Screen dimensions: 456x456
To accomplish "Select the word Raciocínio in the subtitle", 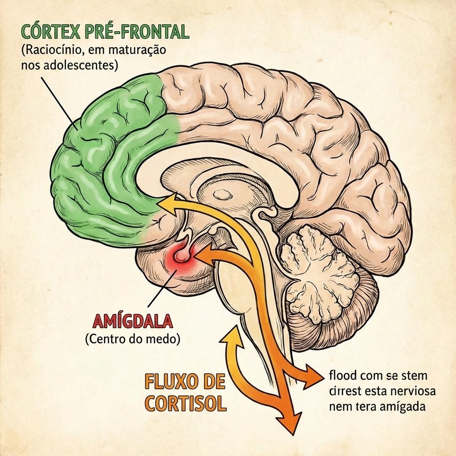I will pos(49,50).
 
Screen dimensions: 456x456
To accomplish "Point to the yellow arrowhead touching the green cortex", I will pos(167,203).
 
